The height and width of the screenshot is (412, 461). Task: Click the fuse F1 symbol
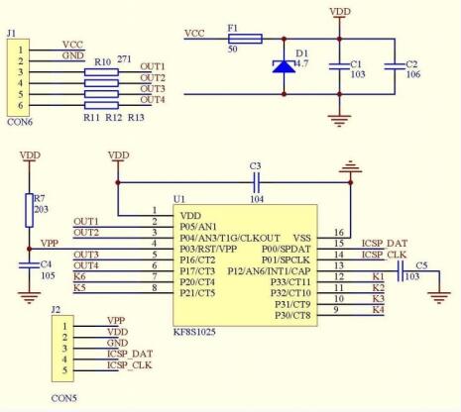[x=245, y=39]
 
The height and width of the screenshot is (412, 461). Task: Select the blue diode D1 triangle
[x=284, y=66]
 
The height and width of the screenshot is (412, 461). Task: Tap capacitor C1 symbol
[x=339, y=66]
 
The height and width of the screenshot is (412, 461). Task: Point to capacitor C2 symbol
[x=395, y=66]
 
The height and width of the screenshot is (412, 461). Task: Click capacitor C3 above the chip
[x=257, y=182]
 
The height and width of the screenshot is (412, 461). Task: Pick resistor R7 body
[x=29, y=210]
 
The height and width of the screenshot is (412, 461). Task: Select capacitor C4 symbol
[x=29, y=265]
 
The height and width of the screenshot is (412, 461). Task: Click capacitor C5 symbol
[x=401, y=271]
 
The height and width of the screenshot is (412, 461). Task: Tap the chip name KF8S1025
[x=194, y=332]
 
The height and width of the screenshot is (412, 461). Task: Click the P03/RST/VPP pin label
[x=208, y=249]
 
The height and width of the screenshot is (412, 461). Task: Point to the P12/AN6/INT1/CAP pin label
[x=269, y=271]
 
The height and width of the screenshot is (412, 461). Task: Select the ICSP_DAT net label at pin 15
[x=385, y=244]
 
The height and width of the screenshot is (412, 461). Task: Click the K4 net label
[x=379, y=310]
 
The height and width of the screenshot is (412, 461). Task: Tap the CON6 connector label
[x=20, y=122]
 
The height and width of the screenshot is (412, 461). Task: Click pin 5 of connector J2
[x=64, y=370]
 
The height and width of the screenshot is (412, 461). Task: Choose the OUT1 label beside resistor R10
[x=153, y=66]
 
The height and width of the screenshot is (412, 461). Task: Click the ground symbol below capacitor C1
[x=339, y=121]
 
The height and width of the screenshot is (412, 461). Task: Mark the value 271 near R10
[x=124, y=59]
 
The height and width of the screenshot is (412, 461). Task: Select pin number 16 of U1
[x=339, y=233]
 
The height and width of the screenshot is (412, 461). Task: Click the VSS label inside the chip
[x=302, y=238]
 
